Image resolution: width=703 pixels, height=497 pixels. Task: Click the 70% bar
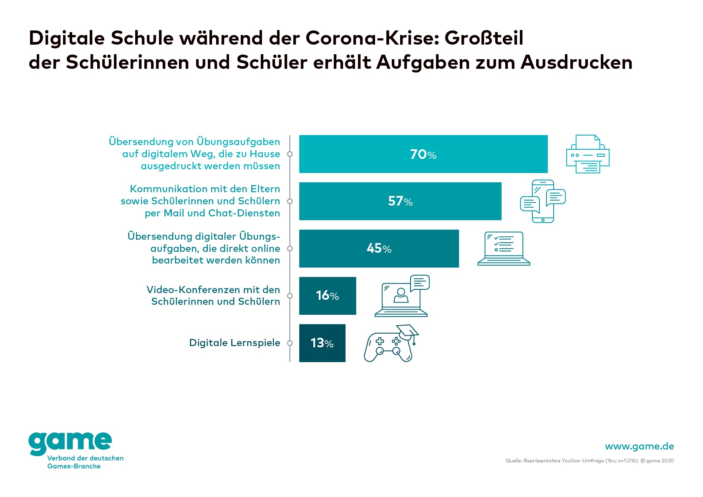tap(423, 154)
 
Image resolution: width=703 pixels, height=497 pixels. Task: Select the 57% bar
tap(400, 201)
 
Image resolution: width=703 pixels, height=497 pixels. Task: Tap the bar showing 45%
tap(379, 248)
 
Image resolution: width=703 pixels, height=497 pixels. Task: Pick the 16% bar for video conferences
tap(328, 296)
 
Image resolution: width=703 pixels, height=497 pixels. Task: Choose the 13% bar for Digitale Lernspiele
tap(322, 343)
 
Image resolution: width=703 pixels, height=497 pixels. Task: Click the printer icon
tap(587, 154)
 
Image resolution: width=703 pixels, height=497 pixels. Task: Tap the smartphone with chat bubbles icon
tap(542, 201)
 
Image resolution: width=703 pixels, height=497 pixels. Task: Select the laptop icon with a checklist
tap(504, 248)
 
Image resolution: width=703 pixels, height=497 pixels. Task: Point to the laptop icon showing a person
tap(402, 296)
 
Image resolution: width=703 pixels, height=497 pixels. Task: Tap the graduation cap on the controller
tap(408, 331)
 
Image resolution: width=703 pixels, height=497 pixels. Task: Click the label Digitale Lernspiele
tap(234, 343)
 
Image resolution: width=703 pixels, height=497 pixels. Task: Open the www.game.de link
tap(639, 446)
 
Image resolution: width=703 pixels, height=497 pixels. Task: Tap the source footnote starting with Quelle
tap(590, 461)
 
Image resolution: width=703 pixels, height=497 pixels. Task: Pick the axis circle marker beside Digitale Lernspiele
tap(290, 343)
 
